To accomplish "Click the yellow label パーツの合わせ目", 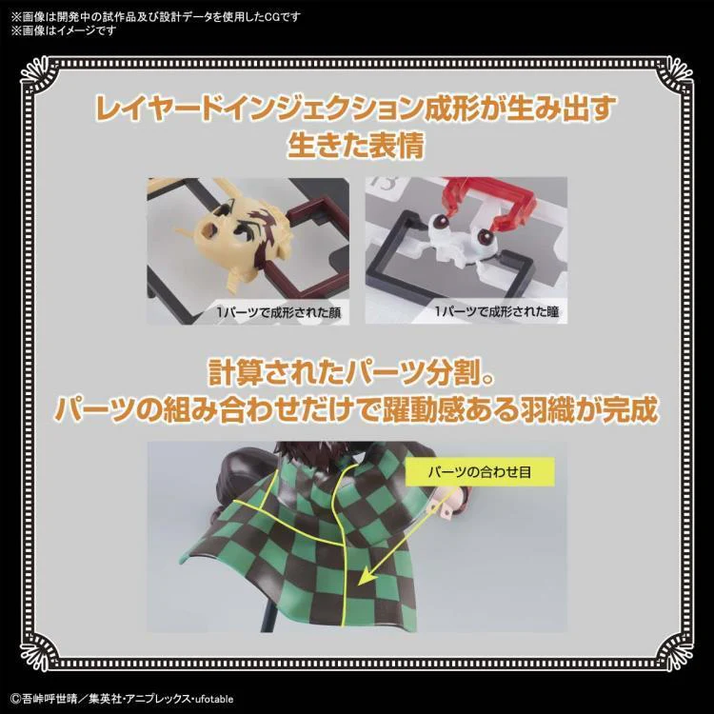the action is pyautogui.click(x=480, y=472).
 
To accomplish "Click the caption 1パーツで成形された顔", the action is pyautogui.click(x=278, y=313).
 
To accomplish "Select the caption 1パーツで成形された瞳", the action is pyautogui.click(x=496, y=312).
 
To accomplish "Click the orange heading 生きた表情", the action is pyautogui.click(x=356, y=146).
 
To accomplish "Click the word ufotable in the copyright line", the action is pyautogui.click(x=212, y=699).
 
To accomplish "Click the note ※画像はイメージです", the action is pyautogui.click(x=63, y=30).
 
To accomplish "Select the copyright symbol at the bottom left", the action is pyautogui.click(x=16, y=699).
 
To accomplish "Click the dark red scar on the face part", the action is pyautogui.click(x=269, y=214).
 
